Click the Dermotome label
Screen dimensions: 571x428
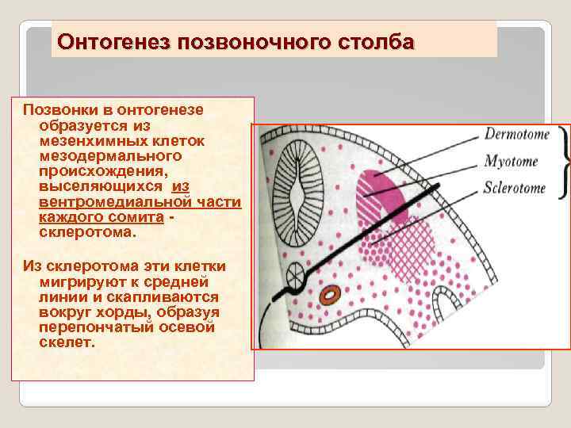[516, 135]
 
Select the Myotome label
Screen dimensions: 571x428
[511, 162]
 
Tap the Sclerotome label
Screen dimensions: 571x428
[515, 189]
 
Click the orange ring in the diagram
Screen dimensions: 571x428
[329, 294]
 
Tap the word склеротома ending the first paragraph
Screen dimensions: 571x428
[86, 233]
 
